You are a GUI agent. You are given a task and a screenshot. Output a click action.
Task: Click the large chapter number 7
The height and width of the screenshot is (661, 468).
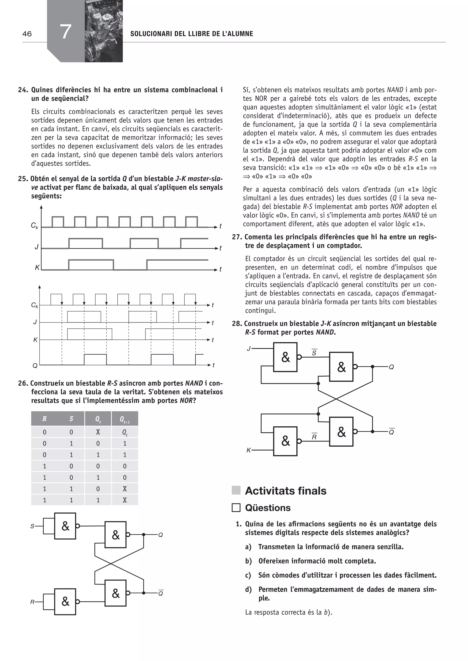tap(66, 32)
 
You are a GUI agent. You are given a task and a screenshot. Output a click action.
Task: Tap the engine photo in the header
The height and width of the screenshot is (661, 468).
tap(104, 31)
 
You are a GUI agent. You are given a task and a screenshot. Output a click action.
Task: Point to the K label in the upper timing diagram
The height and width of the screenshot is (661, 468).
tap(37, 268)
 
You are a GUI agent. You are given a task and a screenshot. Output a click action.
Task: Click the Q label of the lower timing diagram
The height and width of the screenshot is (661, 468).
tap(35, 366)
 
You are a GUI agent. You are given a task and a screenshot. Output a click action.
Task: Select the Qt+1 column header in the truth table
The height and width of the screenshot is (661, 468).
tap(125, 419)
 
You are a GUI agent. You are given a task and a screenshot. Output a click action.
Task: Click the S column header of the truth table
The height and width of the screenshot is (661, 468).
tap(71, 419)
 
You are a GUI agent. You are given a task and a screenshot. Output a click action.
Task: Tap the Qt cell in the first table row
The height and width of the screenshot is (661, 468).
tap(125, 432)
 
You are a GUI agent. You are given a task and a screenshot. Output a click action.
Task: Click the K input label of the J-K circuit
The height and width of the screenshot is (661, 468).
tap(248, 450)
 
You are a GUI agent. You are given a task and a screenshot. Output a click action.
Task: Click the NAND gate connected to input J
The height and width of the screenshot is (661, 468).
tap(285, 357)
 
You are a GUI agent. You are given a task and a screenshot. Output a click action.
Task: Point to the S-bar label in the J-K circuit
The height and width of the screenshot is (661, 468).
tap(314, 353)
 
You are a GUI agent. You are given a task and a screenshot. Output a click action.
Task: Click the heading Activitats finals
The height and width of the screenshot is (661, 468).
tap(286, 491)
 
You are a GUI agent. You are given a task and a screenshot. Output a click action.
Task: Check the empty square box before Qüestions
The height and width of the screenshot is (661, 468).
tap(236, 508)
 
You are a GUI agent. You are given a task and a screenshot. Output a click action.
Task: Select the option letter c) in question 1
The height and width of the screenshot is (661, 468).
tap(248, 575)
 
